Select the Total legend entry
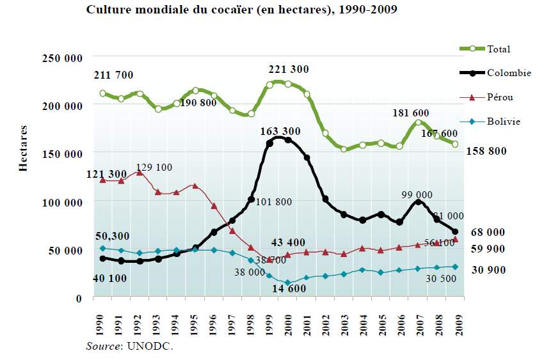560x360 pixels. point(499,49)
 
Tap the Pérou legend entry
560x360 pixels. point(500,97)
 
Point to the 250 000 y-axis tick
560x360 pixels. point(62,58)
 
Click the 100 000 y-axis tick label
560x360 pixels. point(62,203)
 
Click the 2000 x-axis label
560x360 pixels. point(288,324)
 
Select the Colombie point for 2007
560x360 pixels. point(418,202)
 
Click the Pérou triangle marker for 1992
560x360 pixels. point(140,172)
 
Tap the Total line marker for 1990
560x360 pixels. point(102,93)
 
